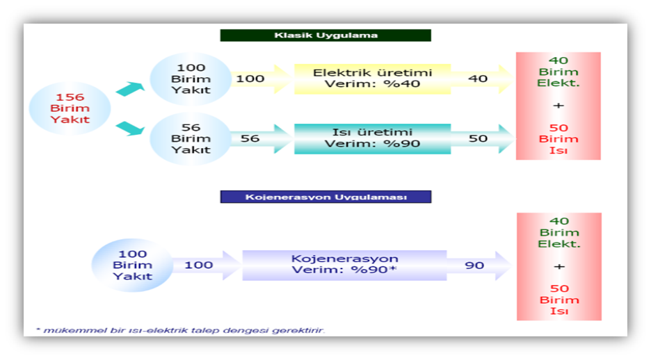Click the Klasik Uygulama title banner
tap(325, 35)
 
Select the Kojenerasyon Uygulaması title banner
tap(325, 197)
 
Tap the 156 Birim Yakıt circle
tap(70, 108)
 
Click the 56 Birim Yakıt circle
tap(191, 138)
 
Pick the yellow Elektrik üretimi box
tap(372, 79)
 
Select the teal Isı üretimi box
tap(372, 138)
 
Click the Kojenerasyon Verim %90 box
tap(344, 265)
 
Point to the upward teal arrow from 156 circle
tap(130, 89)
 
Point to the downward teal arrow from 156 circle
tap(130, 128)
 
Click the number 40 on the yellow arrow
tap(478, 79)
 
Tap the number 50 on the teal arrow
tap(478, 138)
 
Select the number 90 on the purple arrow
tap(474, 265)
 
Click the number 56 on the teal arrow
tap(250, 138)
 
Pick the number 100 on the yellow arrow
tap(250, 79)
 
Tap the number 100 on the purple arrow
tap(199, 265)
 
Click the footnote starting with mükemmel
tap(180, 331)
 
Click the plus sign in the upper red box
tap(558, 106)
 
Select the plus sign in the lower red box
tap(559, 266)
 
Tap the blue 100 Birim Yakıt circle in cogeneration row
tap(132, 265)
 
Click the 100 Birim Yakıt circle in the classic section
tap(191, 79)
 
